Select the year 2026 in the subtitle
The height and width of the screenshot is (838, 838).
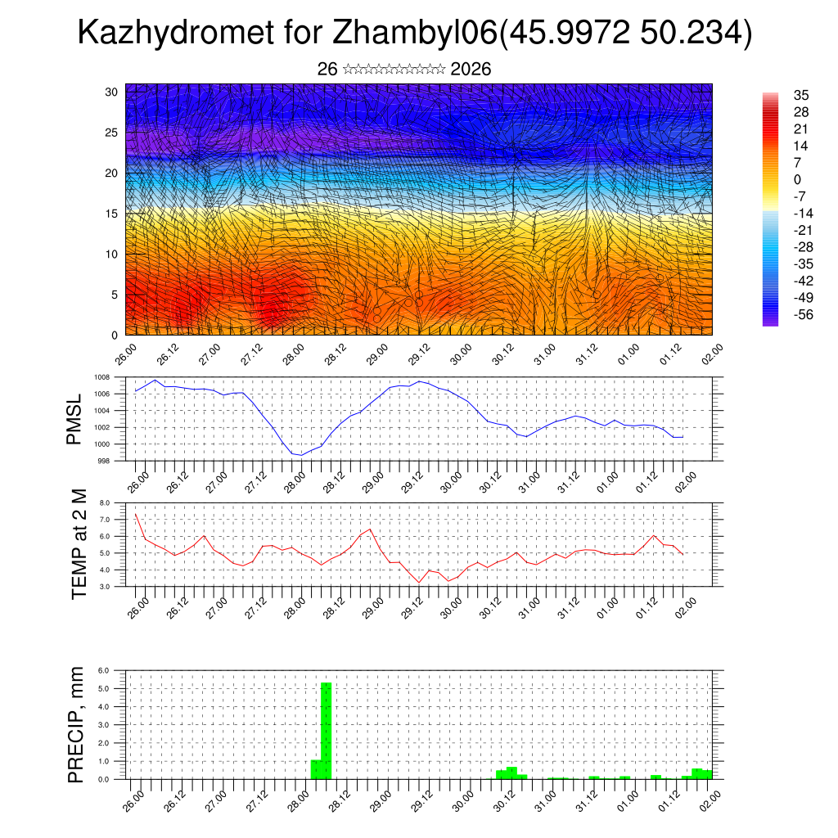click(471, 70)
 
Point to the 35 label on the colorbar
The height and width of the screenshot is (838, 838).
click(801, 96)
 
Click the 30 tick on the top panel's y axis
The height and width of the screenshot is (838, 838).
click(112, 92)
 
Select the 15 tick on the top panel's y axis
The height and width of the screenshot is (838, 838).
click(112, 214)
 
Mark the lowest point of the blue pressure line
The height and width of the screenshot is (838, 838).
click(301, 455)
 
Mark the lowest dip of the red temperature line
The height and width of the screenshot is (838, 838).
click(420, 583)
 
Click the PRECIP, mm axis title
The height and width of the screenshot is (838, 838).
click(75, 724)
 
